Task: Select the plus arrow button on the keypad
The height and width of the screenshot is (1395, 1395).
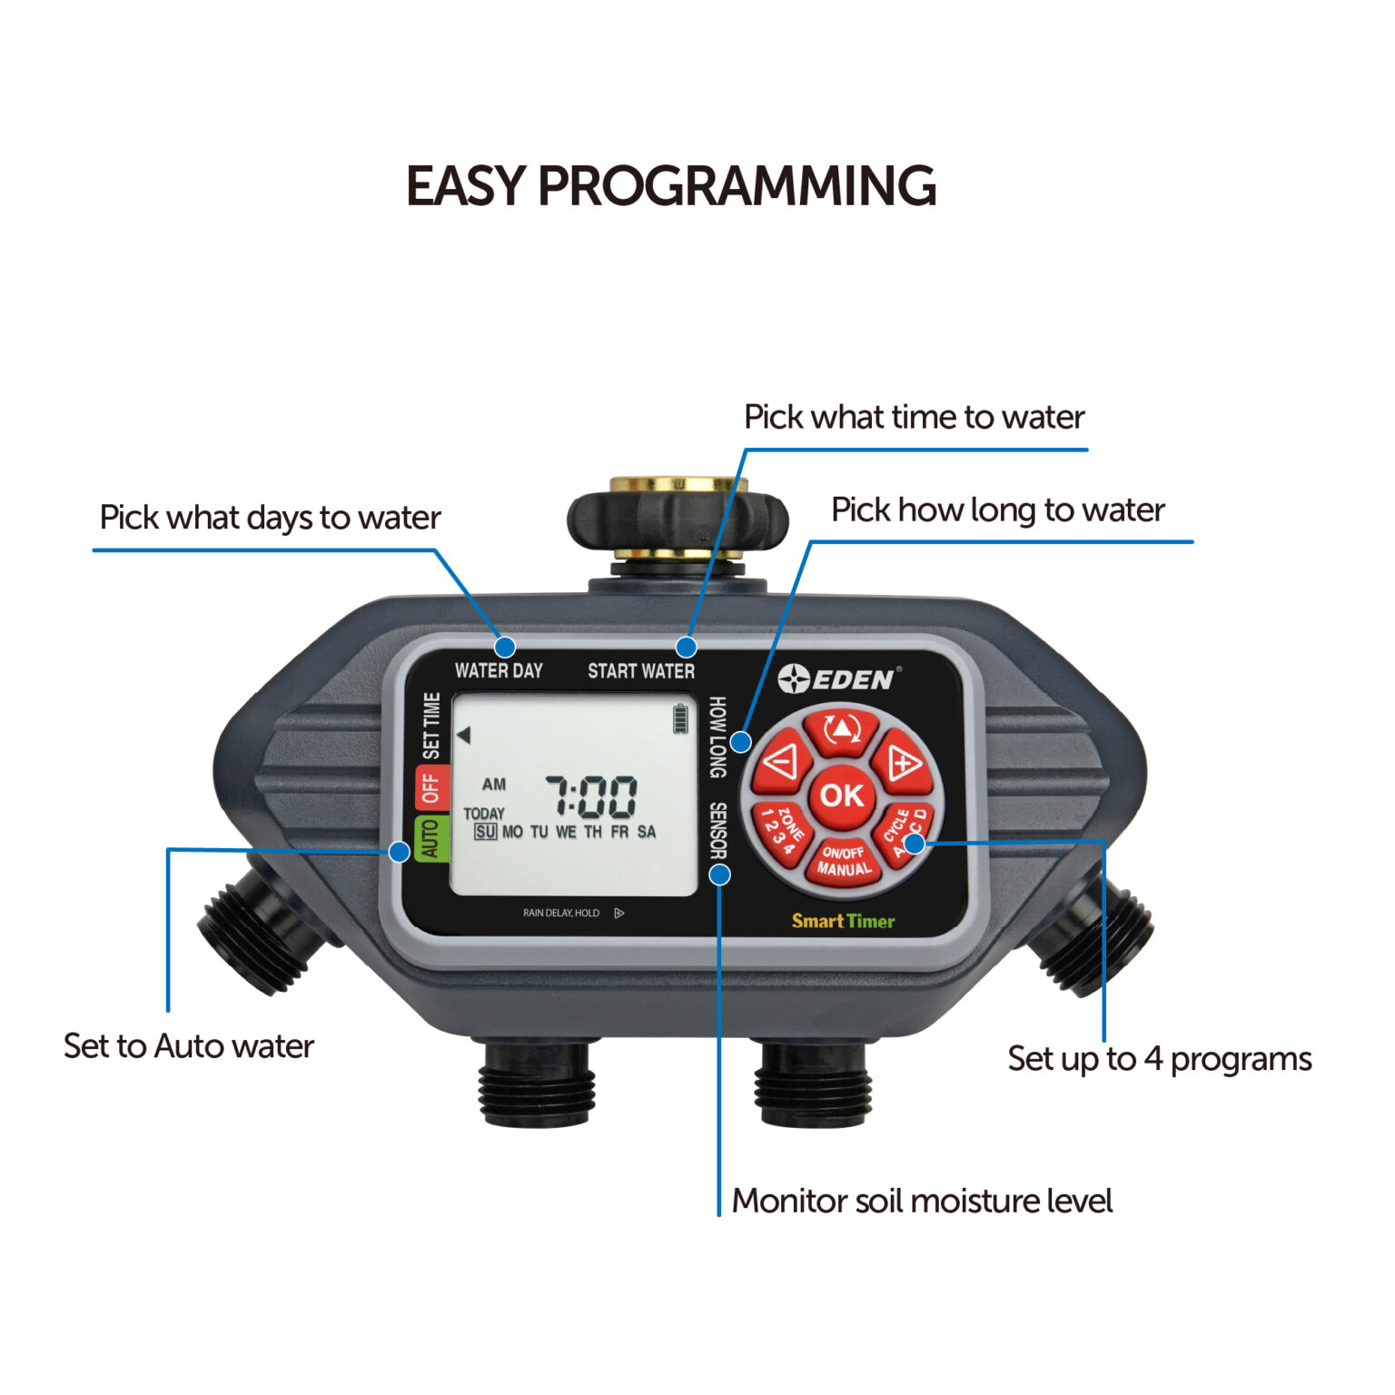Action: tap(902, 762)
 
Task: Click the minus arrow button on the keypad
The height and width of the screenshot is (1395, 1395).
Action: tap(782, 761)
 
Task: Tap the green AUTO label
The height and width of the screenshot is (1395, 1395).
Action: tap(430, 837)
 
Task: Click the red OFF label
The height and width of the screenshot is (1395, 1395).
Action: tap(430, 787)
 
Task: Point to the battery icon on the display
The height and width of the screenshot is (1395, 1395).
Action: tap(680, 718)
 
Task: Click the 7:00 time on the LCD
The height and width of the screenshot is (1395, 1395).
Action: tap(591, 797)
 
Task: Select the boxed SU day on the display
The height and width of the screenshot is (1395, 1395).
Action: tap(485, 832)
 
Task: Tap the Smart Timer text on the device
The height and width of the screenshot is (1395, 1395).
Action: tap(843, 921)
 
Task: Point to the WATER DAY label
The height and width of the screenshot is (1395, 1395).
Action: tap(499, 670)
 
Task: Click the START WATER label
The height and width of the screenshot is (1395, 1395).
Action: tap(641, 670)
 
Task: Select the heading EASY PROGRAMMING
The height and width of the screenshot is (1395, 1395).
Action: tap(670, 186)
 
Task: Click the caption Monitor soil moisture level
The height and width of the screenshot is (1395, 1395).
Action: tap(922, 1201)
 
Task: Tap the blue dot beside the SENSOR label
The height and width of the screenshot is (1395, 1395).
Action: tap(719, 875)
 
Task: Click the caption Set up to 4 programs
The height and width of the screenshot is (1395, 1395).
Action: tap(1159, 1059)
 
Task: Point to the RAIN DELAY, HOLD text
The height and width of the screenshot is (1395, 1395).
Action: tap(561, 913)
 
